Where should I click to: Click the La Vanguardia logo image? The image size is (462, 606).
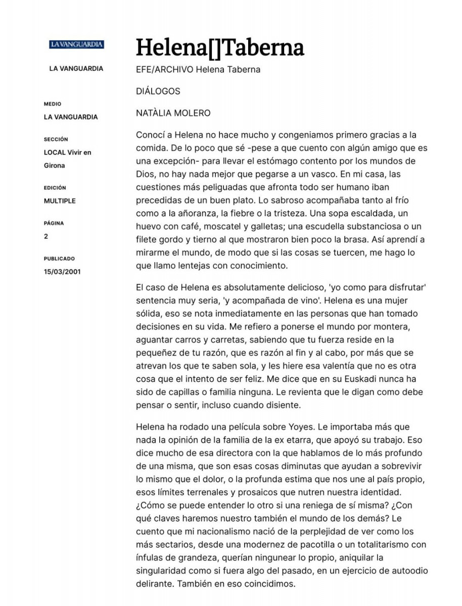pyautogui.click(x=76, y=44)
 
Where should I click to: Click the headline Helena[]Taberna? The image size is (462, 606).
pyautogui.click(x=220, y=47)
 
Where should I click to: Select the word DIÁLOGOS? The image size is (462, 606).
pyautogui.click(x=158, y=91)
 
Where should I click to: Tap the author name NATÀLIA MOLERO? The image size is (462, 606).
pyautogui.click(x=173, y=113)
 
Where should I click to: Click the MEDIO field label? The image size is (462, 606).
pyautogui.click(x=53, y=104)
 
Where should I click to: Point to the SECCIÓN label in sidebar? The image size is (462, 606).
pyautogui.click(x=56, y=139)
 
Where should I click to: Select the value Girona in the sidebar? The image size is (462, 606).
pyautogui.click(x=55, y=166)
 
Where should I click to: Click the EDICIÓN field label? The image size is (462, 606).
pyautogui.click(x=55, y=188)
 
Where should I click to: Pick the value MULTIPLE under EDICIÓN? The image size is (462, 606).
pyautogui.click(x=60, y=201)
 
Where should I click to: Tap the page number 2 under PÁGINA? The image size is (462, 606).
pyautogui.click(x=46, y=236)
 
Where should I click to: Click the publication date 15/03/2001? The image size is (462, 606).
pyautogui.click(x=62, y=272)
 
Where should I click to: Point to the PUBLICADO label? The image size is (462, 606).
pyautogui.click(x=59, y=259)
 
